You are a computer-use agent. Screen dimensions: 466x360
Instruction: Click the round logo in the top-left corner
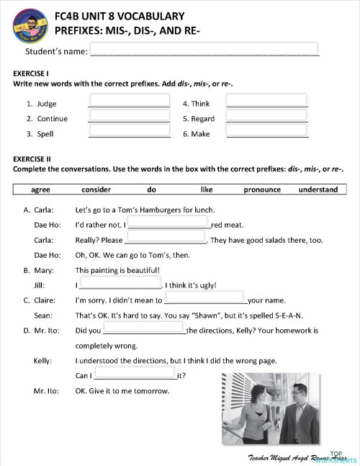click(30, 27)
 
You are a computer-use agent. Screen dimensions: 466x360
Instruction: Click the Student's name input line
click(203, 50)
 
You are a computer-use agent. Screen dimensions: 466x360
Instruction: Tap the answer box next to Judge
click(129, 102)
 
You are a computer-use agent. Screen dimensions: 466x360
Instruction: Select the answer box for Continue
click(129, 116)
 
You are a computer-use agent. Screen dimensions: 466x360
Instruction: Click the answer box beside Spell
click(129, 131)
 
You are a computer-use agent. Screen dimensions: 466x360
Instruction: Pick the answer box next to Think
click(266, 102)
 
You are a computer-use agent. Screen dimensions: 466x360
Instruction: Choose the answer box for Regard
click(266, 116)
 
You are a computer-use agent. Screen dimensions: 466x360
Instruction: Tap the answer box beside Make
click(266, 131)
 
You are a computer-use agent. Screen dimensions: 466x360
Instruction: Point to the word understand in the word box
click(318, 189)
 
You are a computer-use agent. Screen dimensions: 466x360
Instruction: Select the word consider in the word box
click(96, 189)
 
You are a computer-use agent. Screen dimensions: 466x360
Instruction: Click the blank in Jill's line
click(120, 284)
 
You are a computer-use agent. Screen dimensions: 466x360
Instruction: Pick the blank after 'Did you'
click(144, 329)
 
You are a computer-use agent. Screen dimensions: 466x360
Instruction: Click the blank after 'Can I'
click(135, 374)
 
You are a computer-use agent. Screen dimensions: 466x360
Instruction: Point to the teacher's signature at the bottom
click(295, 457)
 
